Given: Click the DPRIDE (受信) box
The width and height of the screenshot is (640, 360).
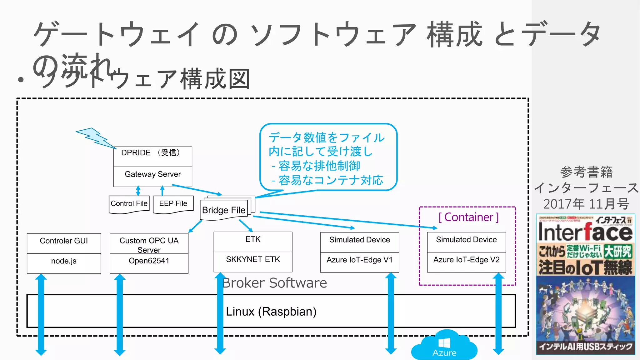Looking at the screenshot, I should [x=152, y=156].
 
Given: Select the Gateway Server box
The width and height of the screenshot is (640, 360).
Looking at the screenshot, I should [x=152, y=176].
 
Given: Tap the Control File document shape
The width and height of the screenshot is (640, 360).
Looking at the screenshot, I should [x=129, y=204].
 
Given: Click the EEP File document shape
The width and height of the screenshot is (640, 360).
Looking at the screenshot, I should [x=173, y=204].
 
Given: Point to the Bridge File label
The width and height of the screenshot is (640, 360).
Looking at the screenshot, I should [x=224, y=210].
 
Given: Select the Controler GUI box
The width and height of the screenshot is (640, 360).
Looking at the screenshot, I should [x=64, y=243].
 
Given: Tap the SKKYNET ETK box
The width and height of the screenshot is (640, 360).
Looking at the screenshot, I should [x=253, y=262].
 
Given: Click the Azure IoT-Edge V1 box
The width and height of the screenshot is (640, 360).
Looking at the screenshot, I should [x=359, y=262].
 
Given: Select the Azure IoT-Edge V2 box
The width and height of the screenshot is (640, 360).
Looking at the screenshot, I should [x=466, y=262].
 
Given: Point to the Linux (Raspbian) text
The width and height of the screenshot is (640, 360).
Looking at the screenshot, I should [x=271, y=312].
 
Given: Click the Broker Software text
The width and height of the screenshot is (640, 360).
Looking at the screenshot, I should [x=274, y=283].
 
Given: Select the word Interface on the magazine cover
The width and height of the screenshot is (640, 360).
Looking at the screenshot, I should [x=585, y=232].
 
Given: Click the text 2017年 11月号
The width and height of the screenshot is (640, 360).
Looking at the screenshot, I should [x=586, y=204].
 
